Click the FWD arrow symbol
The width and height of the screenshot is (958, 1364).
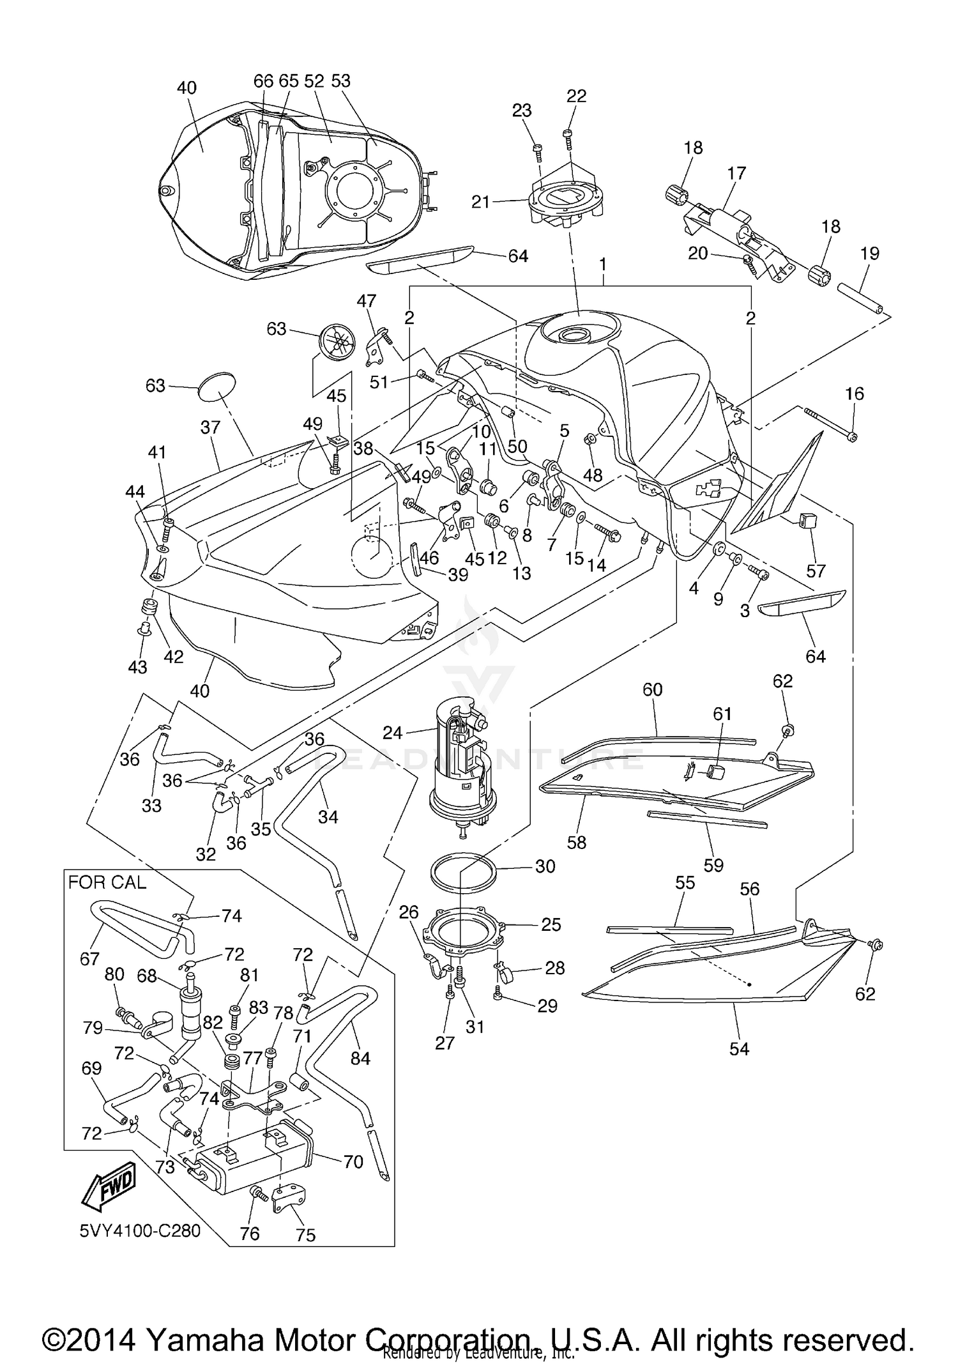tap(107, 1186)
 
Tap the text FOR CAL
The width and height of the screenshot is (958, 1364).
tap(107, 882)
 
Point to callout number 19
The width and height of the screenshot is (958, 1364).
tap(869, 253)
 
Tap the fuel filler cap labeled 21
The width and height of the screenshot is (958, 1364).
tap(565, 203)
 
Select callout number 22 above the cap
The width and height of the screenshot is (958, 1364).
tap(576, 96)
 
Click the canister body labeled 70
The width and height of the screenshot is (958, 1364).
tap(254, 1167)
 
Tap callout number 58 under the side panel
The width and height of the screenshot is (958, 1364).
tap(576, 842)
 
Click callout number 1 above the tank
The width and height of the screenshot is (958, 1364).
tap(602, 263)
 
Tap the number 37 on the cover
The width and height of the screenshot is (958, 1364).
tap(210, 427)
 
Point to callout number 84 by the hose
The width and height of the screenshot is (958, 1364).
tap(360, 1058)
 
